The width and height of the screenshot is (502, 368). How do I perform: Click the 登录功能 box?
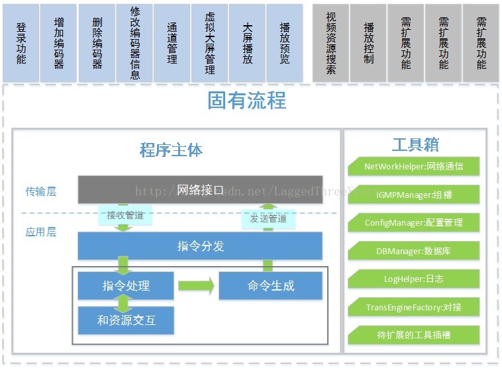pos(21,43)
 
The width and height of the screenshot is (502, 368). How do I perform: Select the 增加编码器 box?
pos(58,43)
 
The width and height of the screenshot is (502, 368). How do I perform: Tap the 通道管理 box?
pos(172,43)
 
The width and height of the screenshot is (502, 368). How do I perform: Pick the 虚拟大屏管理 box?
pos(209,43)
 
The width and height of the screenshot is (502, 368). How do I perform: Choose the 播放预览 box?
pos(284,43)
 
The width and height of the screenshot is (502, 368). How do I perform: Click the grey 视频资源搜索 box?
pos(330,43)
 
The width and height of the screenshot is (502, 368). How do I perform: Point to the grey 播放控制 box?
pos(368,43)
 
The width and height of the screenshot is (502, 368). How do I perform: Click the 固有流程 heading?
pos(246,101)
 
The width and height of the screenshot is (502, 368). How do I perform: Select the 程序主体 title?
pos(171,150)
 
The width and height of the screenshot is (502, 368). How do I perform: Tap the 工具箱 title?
pos(415,145)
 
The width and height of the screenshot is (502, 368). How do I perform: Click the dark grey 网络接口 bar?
pos(200,190)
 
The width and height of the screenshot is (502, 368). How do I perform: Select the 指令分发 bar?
pos(200,246)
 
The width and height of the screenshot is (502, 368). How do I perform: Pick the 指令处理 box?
pos(126,286)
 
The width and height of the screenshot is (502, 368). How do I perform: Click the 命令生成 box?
pos(270,286)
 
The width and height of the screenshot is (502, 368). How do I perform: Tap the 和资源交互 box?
pos(126,321)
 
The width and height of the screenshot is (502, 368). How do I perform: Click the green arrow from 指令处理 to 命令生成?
pos(196,287)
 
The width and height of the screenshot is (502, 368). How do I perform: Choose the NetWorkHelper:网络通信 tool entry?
pos(414,167)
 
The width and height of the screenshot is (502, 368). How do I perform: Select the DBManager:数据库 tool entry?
pos(414,251)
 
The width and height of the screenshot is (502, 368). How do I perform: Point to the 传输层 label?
pos(41,192)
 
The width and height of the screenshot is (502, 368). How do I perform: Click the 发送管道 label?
pos(268,218)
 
